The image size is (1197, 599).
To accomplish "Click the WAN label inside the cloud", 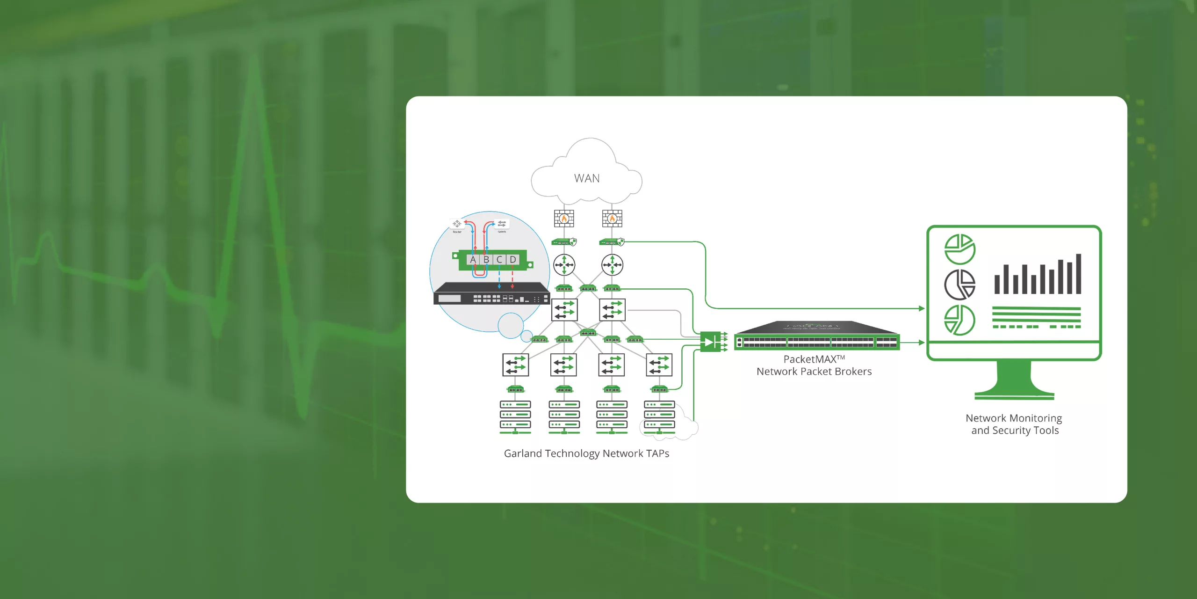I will pyautogui.click(x=587, y=178).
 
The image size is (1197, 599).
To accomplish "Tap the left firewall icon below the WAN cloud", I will pyautogui.click(x=564, y=218).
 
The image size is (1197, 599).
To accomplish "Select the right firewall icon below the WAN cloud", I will pyautogui.click(x=612, y=218).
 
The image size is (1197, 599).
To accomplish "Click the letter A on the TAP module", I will pyautogui.click(x=473, y=260).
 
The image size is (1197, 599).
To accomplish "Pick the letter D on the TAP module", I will pyautogui.click(x=513, y=260).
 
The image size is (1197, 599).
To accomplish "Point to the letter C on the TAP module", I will pyautogui.click(x=499, y=260).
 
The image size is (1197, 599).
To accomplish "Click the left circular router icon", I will pyautogui.click(x=564, y=265).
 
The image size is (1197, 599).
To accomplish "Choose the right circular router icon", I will pyautogui.click(x=612, y=265).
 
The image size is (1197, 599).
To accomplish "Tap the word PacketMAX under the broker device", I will pyautogui.click(x=810, y=359).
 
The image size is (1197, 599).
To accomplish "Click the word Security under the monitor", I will pyautogui.click(x=1011, y=431).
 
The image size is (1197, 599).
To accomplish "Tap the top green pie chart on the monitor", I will pyautogui.click(x=959, y=249).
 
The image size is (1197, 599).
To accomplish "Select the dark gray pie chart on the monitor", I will pyautogui.click(x=959, y=285).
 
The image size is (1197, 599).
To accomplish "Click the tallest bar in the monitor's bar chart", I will pyautogui.click(x=1078, y=274).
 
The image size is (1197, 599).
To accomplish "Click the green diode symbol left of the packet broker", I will pyautogui.click(x=710, y=342).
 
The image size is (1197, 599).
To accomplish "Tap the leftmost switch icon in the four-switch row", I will pyautogui.click(x=515, y=365).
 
